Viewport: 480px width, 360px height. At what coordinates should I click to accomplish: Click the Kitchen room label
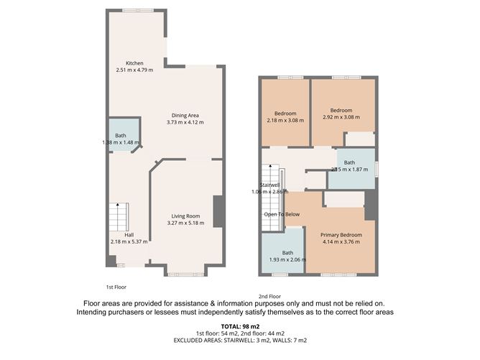click(135, 63)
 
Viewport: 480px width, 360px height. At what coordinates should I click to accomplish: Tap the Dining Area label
click(185, 115)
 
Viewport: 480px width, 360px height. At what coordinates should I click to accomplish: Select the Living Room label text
click(185, 216)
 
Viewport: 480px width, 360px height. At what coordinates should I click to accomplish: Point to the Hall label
click(129, 235)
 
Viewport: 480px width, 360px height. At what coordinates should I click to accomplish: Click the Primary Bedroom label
click(341, 235)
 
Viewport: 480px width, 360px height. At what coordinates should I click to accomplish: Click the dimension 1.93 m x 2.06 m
click(287, 259)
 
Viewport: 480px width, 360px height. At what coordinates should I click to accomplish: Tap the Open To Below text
click(281, 214)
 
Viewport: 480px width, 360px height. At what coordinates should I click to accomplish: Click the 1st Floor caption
click(116, 286)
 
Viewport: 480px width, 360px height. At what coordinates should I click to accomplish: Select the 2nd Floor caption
click(269, 296)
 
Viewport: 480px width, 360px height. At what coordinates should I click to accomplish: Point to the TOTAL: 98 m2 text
click(239, 326)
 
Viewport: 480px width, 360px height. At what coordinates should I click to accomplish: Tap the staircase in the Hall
click(119, 214)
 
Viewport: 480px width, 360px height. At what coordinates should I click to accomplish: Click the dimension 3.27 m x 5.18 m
click(185, 223)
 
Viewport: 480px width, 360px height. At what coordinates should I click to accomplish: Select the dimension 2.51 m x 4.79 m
click(135, 70)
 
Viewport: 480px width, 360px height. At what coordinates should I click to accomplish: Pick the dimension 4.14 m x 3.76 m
click(341, 242)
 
